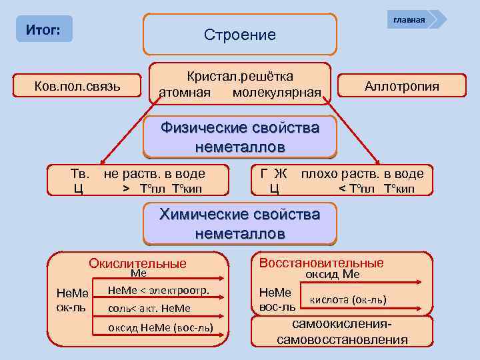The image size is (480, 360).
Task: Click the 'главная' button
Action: pos(409,19)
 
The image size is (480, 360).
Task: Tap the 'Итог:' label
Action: pos(43,30)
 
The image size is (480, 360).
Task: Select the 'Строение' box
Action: pos(240,35)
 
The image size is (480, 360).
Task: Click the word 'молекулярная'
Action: pos(277,91)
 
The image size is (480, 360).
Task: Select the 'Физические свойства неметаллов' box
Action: pos(240,137)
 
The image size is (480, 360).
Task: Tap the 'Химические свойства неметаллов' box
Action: pos(239,224)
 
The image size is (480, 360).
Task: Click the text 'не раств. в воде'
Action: pos(154,174)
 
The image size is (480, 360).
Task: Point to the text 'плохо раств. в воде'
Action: pos(362,174)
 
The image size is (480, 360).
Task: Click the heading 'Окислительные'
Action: pos(138,263)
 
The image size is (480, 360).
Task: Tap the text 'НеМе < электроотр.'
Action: pos(159,290)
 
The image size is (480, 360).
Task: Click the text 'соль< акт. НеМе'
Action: pos(149,308)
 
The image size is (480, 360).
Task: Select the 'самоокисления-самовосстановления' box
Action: pos(342,332)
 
